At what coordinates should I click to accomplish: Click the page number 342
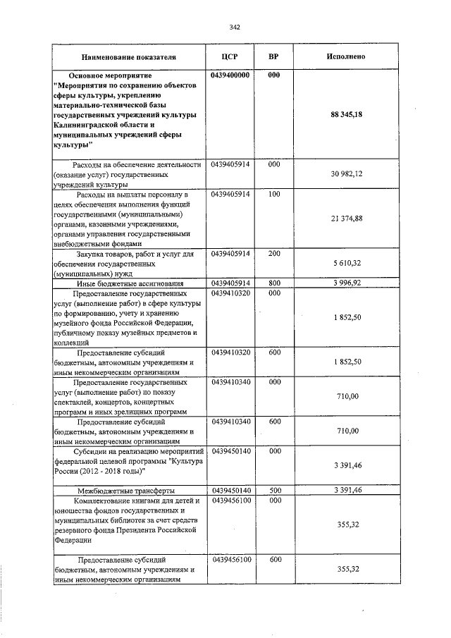[235, 27]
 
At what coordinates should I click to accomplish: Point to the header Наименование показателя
[129, 56]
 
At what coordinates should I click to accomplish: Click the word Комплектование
[106, 501]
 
